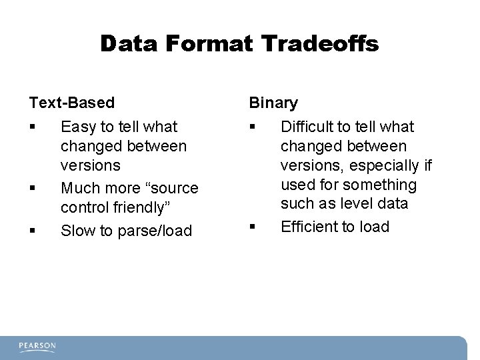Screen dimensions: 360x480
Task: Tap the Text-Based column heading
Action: coord(71,103)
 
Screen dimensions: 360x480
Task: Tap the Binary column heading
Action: coord(273,103)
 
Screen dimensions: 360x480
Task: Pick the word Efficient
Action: coord(308,227)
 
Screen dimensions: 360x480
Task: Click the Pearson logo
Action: coord(37,346)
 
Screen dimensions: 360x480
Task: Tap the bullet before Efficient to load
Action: coord(253,227)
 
